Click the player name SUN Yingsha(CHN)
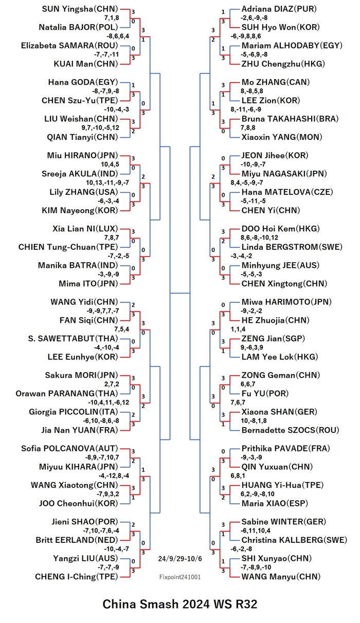pos(80,9)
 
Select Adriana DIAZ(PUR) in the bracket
pos(279,9)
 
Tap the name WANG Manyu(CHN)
pos(281,577)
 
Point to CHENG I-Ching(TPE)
pos(77,577)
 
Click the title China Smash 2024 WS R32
pos(180,604)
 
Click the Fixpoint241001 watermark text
pos(180,577)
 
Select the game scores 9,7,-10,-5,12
pos(100,127)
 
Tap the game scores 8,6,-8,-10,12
pos(259,237)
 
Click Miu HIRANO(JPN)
pos(82,155)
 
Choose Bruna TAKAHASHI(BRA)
pos(290,119)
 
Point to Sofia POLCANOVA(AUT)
pos(69,448)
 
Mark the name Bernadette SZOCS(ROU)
pos(290,430)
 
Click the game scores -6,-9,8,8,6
pos(246,36)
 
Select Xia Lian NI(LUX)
pos(85,229)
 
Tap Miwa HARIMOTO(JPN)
pos(286,302)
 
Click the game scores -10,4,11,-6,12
pos(109,402)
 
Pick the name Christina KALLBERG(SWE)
pos(294,540)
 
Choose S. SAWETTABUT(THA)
pos(73,338)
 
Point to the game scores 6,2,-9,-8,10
pos(257,494)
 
